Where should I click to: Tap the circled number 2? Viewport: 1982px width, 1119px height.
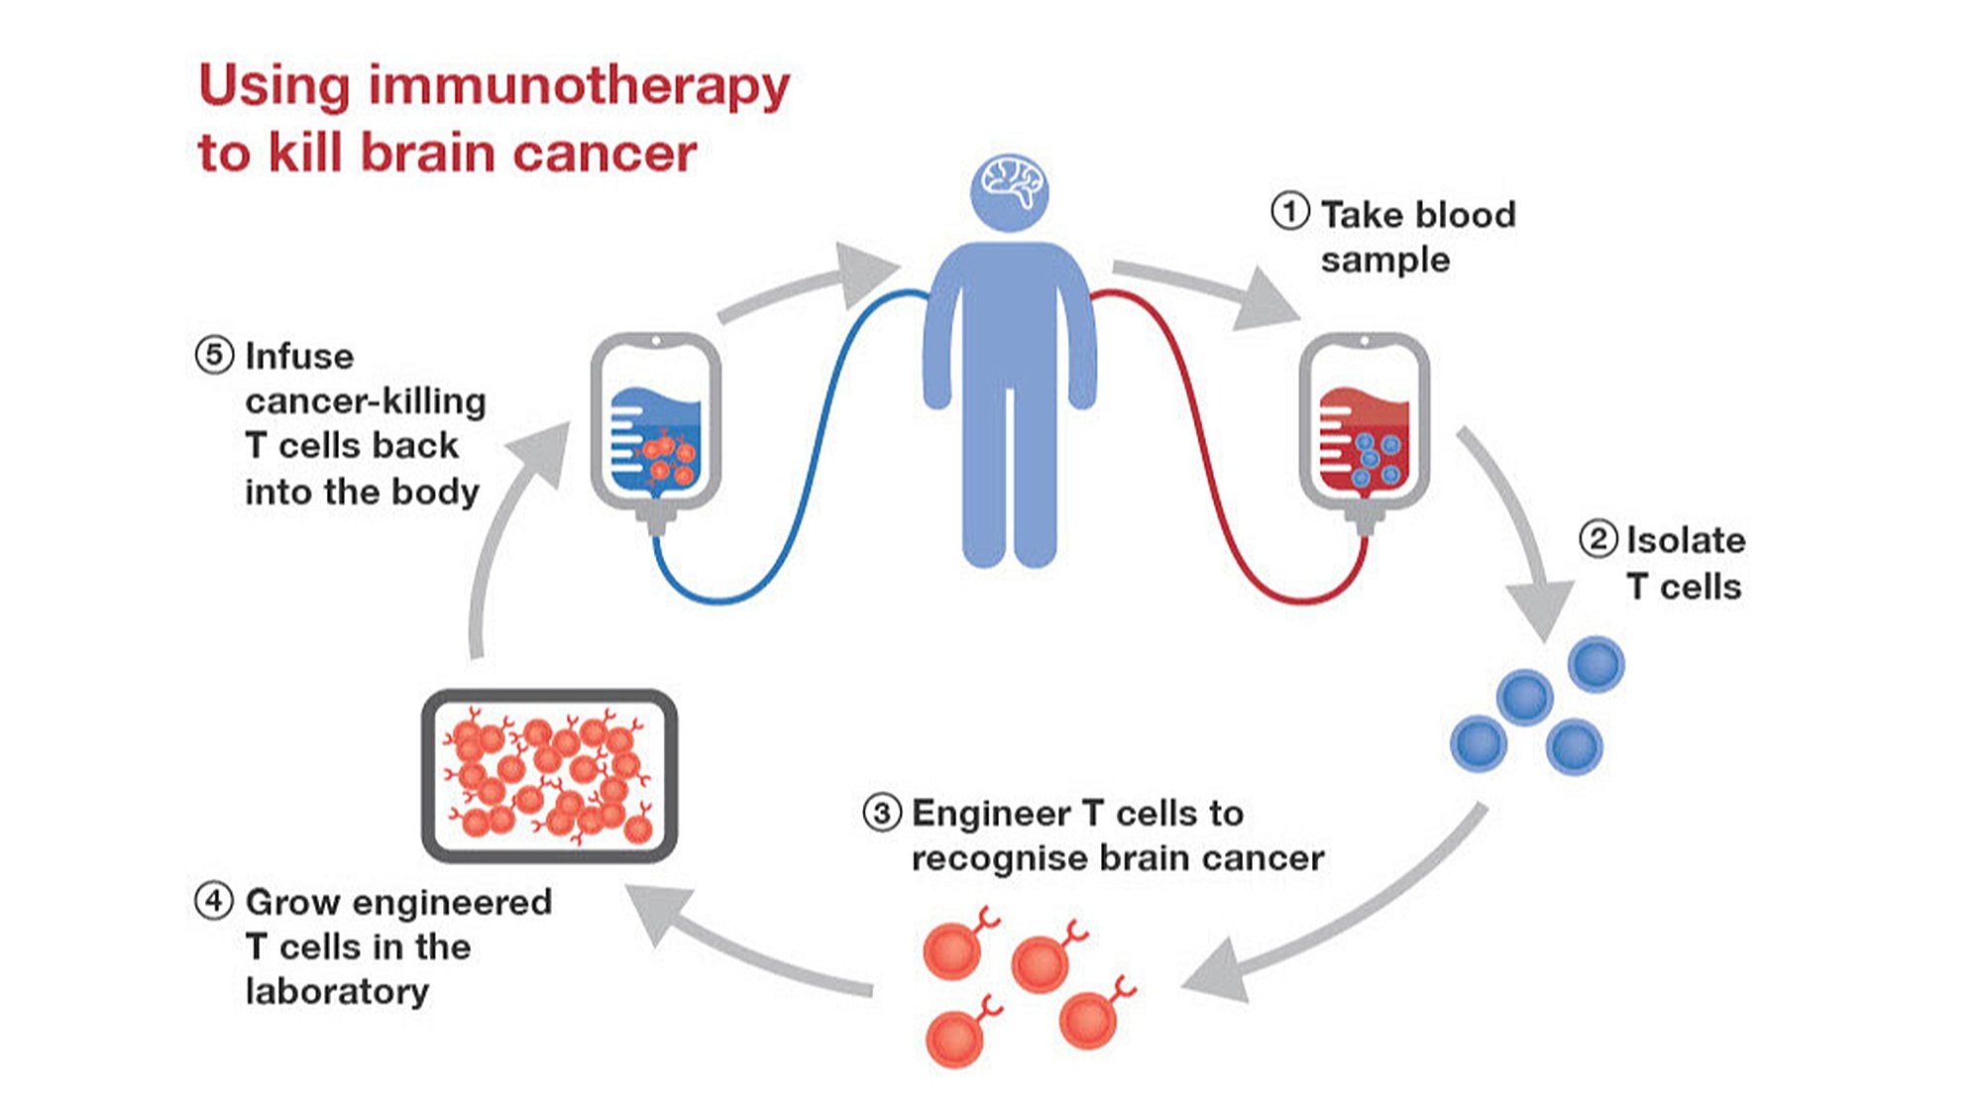[1597, 539]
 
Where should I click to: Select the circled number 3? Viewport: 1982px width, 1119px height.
[882, 813]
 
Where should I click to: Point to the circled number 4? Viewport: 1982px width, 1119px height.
[213, 901]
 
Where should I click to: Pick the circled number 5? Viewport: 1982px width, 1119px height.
[214, 355]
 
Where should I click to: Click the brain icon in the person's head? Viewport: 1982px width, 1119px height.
[1010, 184]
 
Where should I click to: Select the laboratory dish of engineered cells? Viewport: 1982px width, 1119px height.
[549, 775]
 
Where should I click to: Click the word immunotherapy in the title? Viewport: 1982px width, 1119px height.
[579, 87]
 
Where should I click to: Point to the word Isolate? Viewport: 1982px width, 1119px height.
[1686, 540]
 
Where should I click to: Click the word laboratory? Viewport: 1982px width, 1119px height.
[337, 991]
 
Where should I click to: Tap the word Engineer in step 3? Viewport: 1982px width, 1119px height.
[991, 813]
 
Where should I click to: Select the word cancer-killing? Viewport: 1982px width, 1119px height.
[366, 400]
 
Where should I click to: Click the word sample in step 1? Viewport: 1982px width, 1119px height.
[1384, 260]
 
